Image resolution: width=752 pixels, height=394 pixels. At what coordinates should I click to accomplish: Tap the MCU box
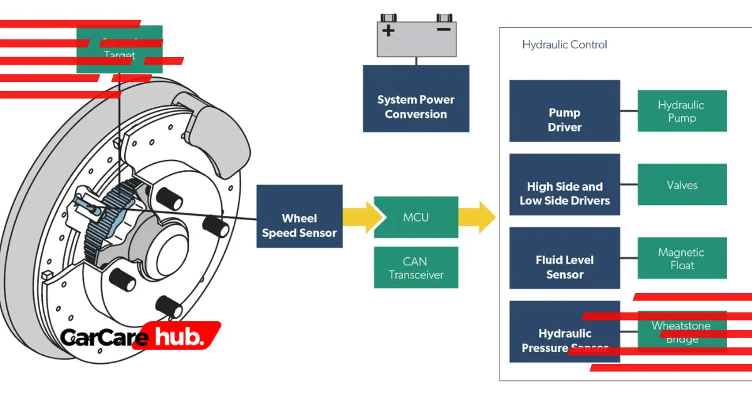pyautogui.click(x=415, y=217)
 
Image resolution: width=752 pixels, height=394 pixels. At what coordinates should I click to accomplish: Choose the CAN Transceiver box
pyautogui.click(x=415, y=267)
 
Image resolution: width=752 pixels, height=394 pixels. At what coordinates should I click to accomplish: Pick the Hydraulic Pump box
pyautogui.click(x=681, y=111)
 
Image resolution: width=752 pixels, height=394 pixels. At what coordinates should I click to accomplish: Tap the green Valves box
pyautogui.click(x=681, y=184)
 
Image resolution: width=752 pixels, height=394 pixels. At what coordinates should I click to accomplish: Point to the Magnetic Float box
pyautogui.click(x=681, y=258)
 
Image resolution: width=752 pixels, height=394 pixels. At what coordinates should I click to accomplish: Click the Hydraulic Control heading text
pyautogui.click(x=564, y=45)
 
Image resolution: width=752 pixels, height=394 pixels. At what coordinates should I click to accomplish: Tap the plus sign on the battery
pyautogui.click(x=389, y=30)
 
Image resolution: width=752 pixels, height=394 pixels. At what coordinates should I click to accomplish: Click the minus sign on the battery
pyautogui.click(x=443, y=29)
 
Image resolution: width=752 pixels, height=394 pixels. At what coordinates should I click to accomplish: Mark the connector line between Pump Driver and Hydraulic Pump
pyautogui.click(x=629, y=111)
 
